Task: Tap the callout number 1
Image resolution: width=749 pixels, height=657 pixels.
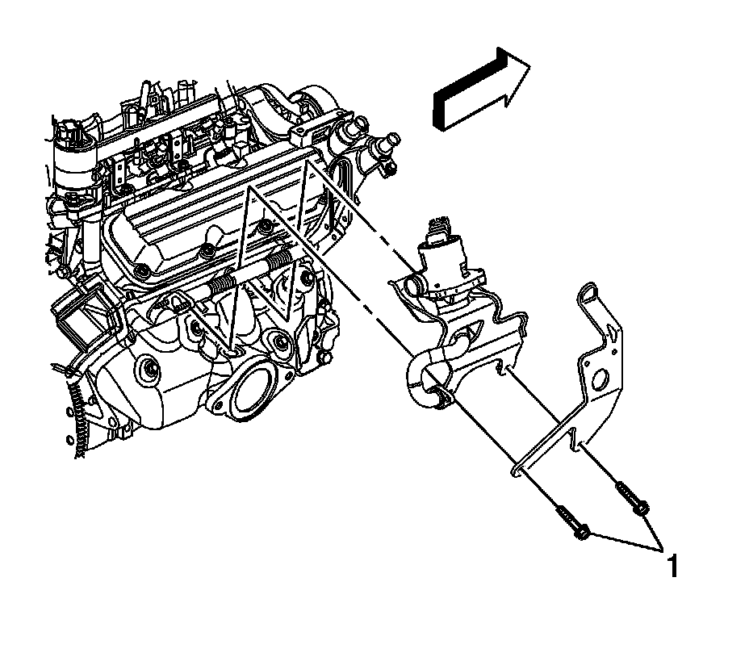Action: click(x=670, y=565)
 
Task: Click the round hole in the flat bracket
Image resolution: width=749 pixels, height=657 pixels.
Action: click(x=600, y=381)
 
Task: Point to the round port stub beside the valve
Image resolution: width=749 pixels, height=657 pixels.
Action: click(x=413, y=284)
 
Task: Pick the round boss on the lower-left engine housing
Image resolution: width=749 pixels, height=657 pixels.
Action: click(x=149, y=371)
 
